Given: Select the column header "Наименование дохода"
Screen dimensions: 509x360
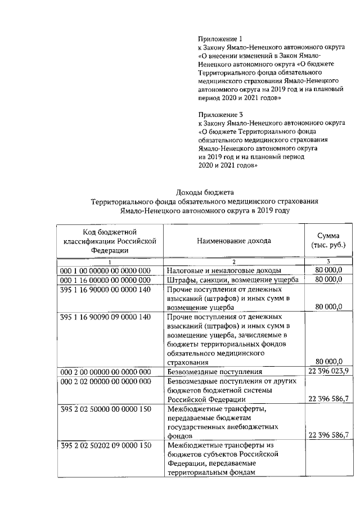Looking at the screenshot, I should (233, 241).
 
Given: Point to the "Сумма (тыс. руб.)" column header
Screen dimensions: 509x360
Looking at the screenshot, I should (328, 241).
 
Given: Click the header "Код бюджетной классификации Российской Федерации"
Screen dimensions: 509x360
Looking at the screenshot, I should (110, 241).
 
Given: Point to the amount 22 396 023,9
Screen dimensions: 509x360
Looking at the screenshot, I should (328, 372).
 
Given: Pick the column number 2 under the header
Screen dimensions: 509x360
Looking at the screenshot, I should (233, 262).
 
